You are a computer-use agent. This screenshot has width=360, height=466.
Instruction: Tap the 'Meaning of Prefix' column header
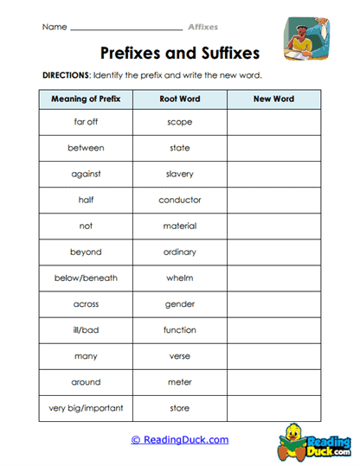click(86, 99)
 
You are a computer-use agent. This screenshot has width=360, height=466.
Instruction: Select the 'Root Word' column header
click(180, 99)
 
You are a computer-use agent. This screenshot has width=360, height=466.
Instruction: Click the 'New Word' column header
click(273, 99)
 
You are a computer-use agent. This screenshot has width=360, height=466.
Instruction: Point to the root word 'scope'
click(180, 122)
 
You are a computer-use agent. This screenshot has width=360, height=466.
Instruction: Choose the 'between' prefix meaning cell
click(86, 148)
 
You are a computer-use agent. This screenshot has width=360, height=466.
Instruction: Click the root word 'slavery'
click(180, 174)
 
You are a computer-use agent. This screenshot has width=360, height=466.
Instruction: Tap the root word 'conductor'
click(180, 200)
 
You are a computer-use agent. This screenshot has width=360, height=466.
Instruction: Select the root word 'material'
click(180, 227)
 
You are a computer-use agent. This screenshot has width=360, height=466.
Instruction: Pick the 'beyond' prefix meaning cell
click(86, 252)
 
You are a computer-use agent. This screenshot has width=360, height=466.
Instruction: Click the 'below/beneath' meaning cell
click(86, 278)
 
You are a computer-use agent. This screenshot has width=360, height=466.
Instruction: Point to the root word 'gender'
click(180, 304)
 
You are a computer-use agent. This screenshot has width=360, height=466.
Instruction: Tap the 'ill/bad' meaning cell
click(86, 330)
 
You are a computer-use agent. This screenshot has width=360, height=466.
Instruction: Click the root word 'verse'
click(180, 356)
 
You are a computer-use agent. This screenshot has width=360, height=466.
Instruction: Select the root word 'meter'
click(180, 382)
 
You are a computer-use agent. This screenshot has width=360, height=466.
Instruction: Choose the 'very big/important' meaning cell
click(86, 408)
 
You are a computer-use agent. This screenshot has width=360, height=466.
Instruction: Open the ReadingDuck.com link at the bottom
click(180, 440)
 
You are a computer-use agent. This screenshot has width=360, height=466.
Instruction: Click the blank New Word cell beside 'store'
click(273, 408)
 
